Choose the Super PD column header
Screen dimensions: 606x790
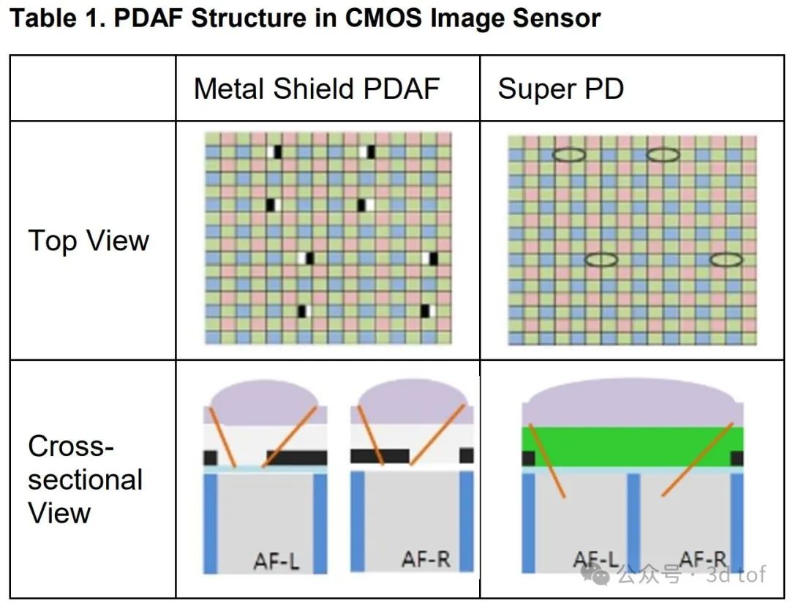pos(560,89)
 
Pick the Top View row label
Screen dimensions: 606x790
pos(89,240)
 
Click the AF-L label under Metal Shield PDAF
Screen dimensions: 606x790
pos(276,561)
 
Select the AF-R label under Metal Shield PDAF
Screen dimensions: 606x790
pos(425,560)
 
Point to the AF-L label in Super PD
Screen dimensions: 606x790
pos(596,561)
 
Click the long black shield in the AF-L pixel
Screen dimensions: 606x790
pos(297,457)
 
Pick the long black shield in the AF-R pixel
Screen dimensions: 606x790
pos(380,456)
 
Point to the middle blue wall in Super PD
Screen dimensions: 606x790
pos(633,521)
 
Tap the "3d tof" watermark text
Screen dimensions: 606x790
pos(734,575)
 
